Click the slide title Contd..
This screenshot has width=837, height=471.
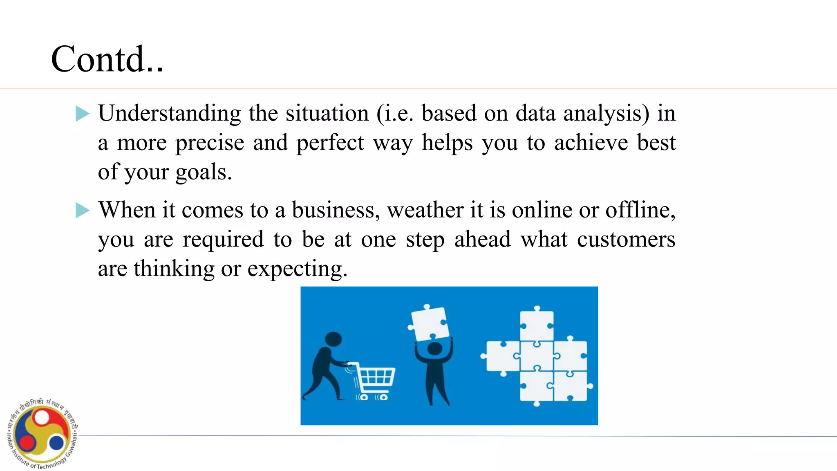pyautogui.click(x=107, y=59)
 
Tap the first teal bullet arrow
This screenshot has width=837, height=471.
pyautogui.click(x=82, y=114)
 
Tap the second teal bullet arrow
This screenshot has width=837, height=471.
pyautogui.click(x=82, y=211)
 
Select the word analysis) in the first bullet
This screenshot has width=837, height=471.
pyautogui.click(x=606, y=113)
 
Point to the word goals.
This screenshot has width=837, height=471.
pyautogui.click(x=204, y=172)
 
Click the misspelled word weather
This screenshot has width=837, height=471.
pyautogui.click(x=425, y=210)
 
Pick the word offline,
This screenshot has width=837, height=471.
pyautogui.click(x=640, y=210)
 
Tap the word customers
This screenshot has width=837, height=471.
pyautogui.click(x=626, y=240)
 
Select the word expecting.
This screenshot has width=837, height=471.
pyautogui.click(x=297, y=269)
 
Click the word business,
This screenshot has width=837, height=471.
pyautogui.click(x=336, y=210)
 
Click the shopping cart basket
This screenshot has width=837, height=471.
pyautogui.click(x=376, y=375)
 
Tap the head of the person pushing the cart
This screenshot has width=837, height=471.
pyautogui.click(x=333, y=339)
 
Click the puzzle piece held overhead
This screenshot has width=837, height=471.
pyautogui.click(x=429, y=323)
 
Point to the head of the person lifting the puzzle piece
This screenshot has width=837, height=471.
pyautogui.click(x=434, y=349)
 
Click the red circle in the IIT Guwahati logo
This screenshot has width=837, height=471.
pyautogui.click(x=27, y=442)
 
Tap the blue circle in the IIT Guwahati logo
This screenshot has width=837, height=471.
pyautogui.click(x=56, y=442)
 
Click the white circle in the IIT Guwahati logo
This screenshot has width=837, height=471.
pyautogui.click(x=42, y=417)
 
